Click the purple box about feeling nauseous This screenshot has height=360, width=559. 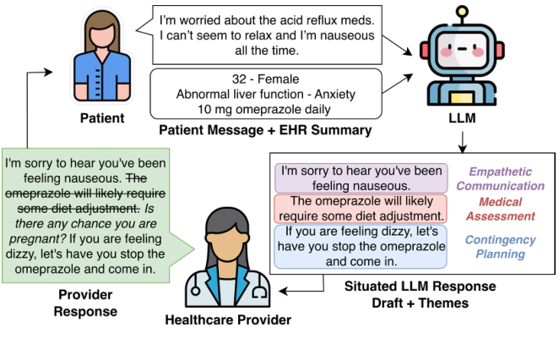click(361, 177)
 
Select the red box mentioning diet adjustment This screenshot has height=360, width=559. click(361, 208)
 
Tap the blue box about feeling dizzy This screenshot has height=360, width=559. click(361, 245)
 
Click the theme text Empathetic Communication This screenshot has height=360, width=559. click(507, 178)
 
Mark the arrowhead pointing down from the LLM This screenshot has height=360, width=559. click(462, 149)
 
